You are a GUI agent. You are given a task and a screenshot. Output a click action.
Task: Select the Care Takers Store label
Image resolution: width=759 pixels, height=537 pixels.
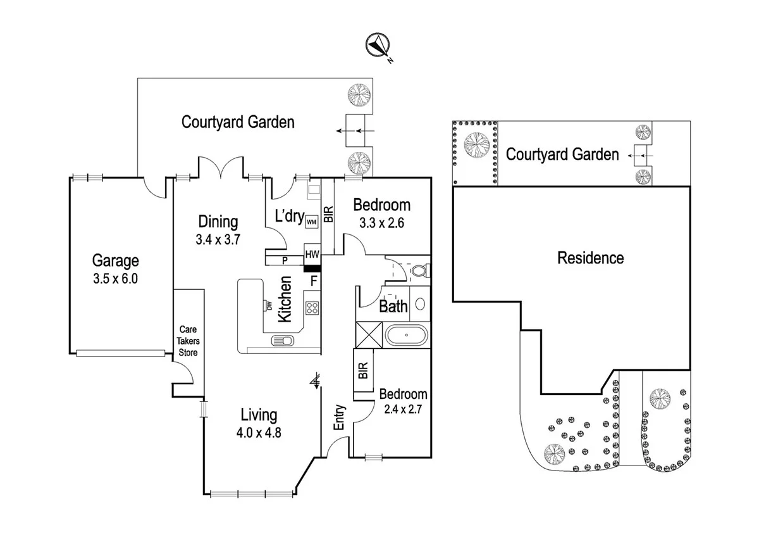pos(188,341)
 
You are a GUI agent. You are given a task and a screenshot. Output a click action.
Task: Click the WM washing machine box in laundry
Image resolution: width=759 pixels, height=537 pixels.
pos(311,222)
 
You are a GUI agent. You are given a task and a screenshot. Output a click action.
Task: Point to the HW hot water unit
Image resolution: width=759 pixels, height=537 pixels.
pos(312,254)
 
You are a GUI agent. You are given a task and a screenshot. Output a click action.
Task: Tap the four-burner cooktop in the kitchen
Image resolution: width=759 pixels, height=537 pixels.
pos(312,308)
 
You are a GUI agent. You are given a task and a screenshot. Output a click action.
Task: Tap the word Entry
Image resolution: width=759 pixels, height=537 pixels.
pos(339,417)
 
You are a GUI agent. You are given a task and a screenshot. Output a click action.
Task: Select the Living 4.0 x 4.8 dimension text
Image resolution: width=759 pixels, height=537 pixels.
pos(259,434)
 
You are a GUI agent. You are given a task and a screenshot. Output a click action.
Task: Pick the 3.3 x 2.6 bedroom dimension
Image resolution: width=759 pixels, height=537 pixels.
pos(381,223)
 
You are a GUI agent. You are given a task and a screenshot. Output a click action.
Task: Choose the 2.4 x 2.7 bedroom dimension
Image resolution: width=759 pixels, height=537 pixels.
pos(403,409)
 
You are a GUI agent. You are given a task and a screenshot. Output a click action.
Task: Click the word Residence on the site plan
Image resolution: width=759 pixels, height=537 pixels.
pos(590,258)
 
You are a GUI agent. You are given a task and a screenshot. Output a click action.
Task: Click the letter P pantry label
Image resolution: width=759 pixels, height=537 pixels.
pos(285,259)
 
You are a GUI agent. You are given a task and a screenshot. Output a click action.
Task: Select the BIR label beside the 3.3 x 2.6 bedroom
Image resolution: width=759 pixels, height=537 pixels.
pos(328,215)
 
